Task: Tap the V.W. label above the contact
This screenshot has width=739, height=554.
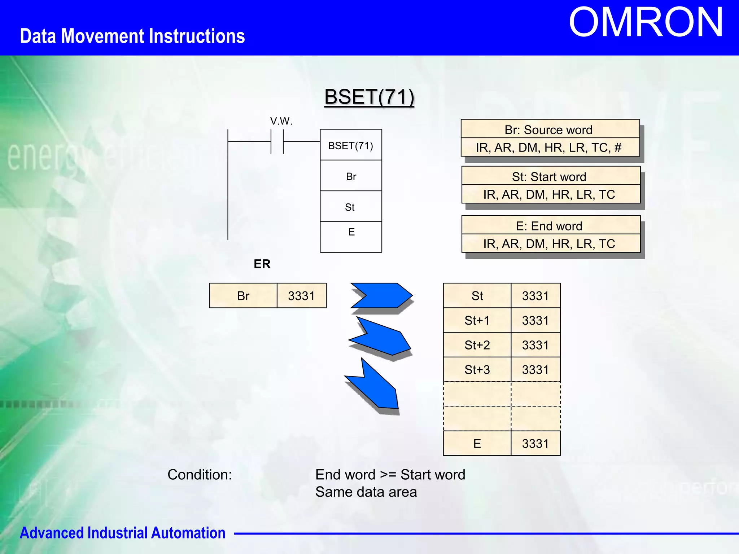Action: point(281,121)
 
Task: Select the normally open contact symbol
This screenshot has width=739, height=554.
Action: point(277,142)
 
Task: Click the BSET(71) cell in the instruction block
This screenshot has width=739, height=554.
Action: point(351,145)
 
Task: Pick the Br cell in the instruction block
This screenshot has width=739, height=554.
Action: point(351,176)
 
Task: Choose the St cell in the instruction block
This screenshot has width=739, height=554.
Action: point(350,207)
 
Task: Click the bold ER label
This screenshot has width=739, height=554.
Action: point(262,264)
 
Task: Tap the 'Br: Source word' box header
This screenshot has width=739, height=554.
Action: point(548,129)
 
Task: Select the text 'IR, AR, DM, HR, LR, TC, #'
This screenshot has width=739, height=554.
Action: point(548,148)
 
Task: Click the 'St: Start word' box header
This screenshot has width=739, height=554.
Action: point(549,177)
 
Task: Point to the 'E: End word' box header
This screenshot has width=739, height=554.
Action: point(549,226)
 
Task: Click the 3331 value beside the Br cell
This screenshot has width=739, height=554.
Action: point(301,296)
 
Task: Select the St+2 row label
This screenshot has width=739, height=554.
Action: point(477,345)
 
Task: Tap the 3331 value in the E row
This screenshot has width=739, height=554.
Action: point(535,444)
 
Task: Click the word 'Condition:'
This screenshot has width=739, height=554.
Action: point(200,475)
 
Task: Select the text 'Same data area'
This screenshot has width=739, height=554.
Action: point(366,492)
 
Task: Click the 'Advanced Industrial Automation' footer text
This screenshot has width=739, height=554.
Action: point(122,533)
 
